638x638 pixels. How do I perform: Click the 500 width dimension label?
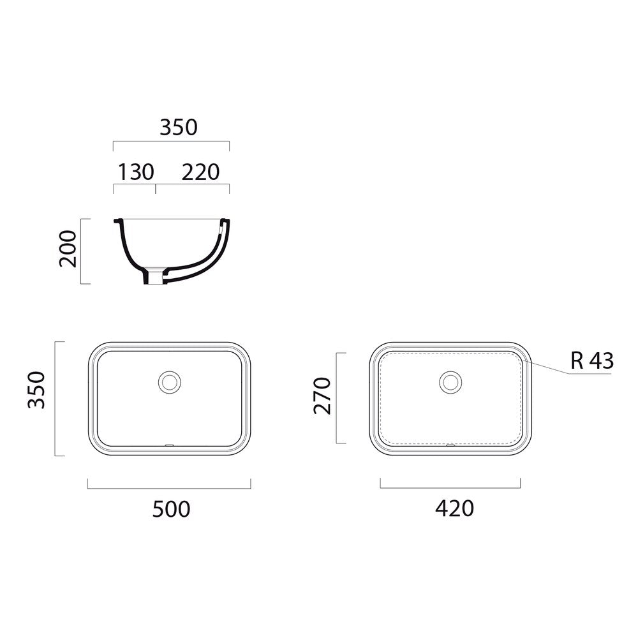(171, 509)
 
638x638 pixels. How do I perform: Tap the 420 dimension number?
(454, 508)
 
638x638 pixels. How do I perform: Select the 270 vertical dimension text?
(322, 396)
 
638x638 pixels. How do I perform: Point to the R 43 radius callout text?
(592, 360)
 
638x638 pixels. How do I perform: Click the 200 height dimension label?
(68, 249)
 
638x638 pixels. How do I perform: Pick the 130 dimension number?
(136, 172)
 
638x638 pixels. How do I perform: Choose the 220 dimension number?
(200, 172)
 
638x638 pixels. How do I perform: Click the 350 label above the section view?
(179, 127)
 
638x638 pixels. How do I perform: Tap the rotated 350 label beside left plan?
(36, 390)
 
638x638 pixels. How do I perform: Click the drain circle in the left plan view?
(169, 382)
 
